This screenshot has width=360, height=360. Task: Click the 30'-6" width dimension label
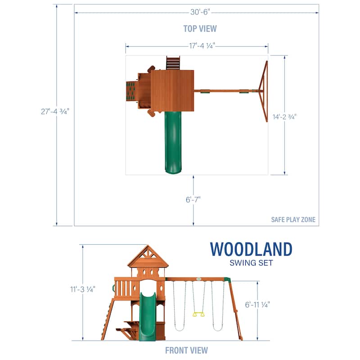[x=200, y=12]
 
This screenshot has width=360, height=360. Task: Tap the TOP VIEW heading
[x=200, y=29]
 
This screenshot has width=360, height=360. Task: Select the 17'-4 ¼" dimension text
[x=202, y=46]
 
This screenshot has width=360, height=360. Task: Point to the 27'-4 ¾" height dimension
[x=55, y=112]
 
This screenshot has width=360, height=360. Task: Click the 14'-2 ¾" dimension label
[x=284, y=117]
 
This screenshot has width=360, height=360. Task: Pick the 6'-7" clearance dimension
[x=193, y=200]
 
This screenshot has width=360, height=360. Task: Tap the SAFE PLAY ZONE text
[x=293, y=220]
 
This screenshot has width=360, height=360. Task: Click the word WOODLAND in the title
[x=251, y=249]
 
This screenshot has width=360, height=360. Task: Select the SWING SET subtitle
[x=251, y=263]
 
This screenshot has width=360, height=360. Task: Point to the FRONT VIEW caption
[x=186, y=351]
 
